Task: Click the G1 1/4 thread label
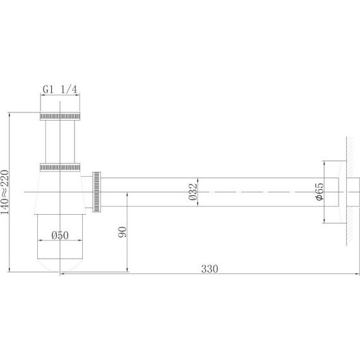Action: pyautogui.click(x=61, y=90)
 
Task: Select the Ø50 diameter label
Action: pyautogui.click(x=61, y=236)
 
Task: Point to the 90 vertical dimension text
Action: pyautogui.click(x=123, y=232)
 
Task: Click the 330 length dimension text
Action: pyautogui.click(x=210, y=268)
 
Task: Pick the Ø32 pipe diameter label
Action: pyautogui.click(x=193, y=191)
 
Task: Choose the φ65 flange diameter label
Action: pyautogui.click(x=320, y=191)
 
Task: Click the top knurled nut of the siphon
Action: pyautogui.click(x=61, y=116)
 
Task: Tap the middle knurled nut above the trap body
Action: pyautogui.click(x=61, y=167)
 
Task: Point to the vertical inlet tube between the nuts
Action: pyautogui.click(x=61, y=141)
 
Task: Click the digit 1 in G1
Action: pyautogui.click(x=52, y=90)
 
